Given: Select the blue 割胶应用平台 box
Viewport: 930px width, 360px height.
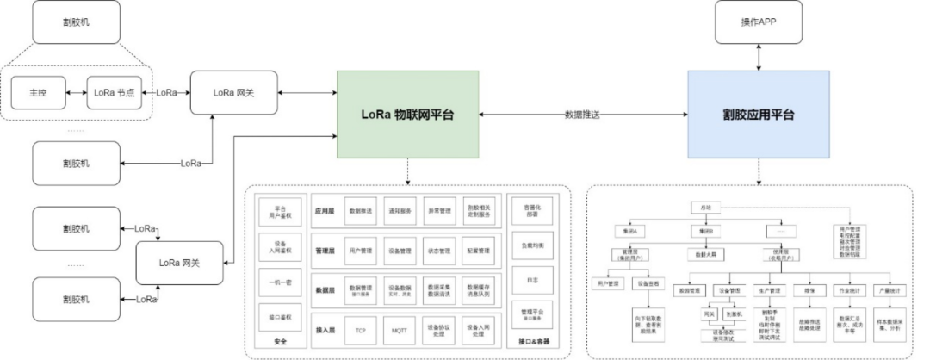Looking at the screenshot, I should pos(759,115).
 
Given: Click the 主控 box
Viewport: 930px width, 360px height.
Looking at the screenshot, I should pos(39,91).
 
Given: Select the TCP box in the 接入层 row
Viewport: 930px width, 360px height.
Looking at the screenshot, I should pos(360,330).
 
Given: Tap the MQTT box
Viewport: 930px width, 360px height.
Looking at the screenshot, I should pos(399,330).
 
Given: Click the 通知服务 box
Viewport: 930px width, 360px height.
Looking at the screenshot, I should pos(399,210).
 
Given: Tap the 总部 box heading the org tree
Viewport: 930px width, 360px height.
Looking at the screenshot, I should pos(704,208).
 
